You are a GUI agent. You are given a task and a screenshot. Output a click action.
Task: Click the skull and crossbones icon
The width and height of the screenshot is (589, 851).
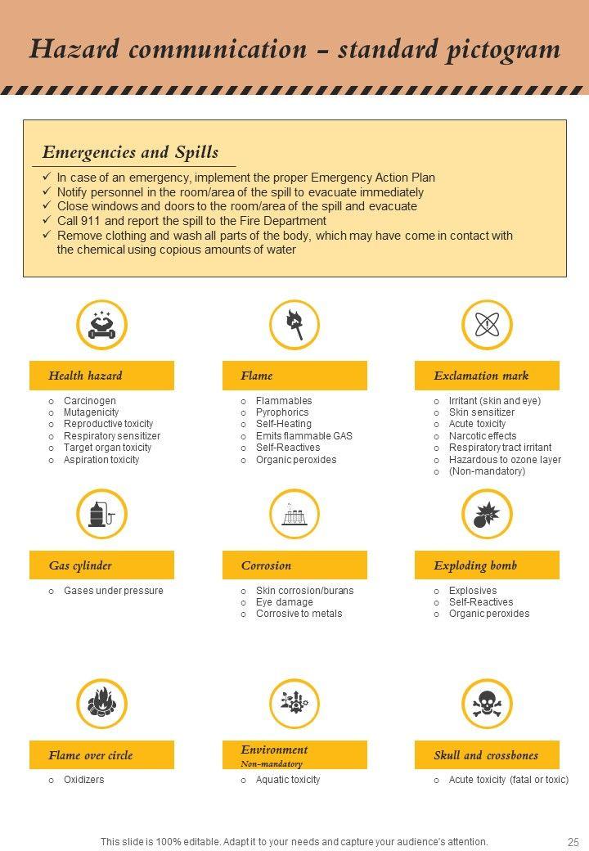point(487,704)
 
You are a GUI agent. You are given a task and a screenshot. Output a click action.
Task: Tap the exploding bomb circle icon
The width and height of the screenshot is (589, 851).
point(487,514)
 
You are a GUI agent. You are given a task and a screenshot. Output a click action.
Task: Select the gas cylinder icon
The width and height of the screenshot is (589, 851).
point(101,514)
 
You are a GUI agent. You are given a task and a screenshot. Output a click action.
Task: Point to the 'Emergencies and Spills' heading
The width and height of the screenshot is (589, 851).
point(130,152)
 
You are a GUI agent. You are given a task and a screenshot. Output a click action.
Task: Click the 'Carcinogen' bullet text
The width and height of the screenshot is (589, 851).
point(90,401)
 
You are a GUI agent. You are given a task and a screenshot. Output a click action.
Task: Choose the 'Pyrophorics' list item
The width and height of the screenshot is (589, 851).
point(282,412)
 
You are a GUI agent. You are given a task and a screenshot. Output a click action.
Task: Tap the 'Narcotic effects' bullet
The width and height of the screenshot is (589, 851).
point(483,436)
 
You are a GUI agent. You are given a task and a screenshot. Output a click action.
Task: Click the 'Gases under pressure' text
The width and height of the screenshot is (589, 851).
point(114,591)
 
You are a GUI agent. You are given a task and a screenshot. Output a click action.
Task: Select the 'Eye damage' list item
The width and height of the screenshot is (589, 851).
point(284,602)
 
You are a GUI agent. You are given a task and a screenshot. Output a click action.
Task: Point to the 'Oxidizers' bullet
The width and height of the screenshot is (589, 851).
point(84,780)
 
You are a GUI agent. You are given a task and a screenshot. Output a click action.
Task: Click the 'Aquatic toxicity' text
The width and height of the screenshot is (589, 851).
point(288,780)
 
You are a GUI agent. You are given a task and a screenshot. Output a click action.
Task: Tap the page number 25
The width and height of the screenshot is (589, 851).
point(573,841)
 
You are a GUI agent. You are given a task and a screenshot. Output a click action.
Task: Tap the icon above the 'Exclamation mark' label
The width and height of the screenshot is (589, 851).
point(487,325)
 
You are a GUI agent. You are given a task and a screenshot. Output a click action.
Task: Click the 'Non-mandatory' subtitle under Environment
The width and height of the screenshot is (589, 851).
point(272,763)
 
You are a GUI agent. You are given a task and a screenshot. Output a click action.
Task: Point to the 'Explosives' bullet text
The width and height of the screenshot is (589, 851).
point(473,591)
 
